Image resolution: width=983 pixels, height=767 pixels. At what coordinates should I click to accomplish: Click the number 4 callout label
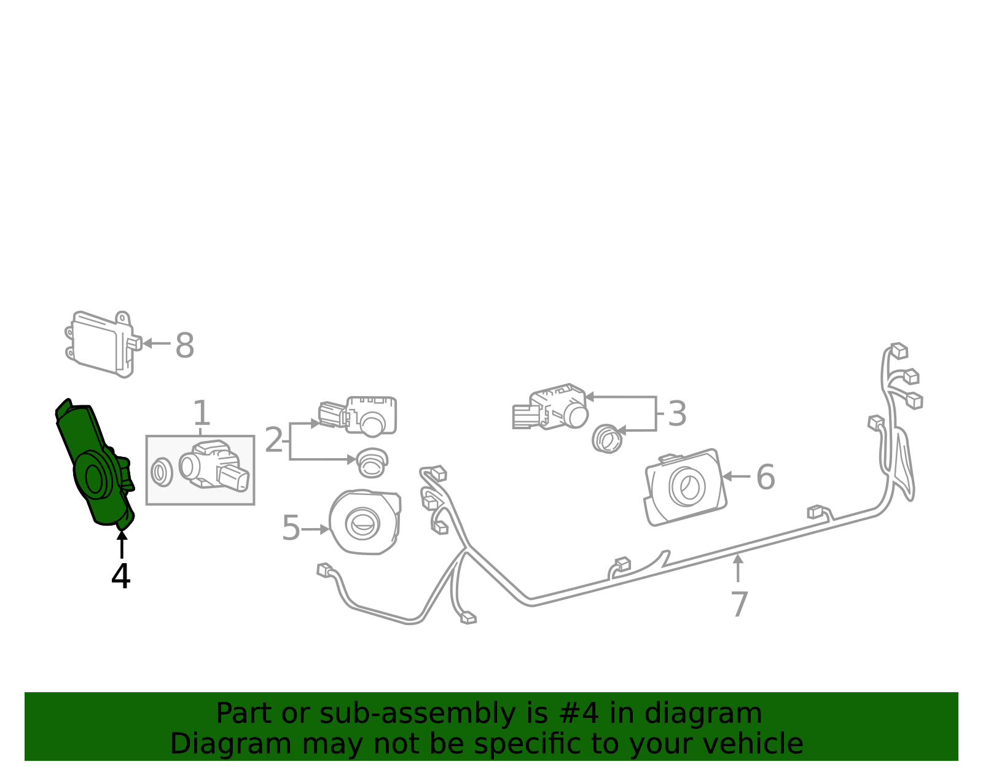pos(121,577)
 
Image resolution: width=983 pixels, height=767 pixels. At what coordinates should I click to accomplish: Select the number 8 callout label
pos(184,346)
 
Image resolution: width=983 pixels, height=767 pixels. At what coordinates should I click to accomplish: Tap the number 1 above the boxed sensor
pos(202,413)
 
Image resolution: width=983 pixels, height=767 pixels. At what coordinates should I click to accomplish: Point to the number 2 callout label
pos(273,440)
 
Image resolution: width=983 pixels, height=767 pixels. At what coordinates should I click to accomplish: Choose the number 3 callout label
pos(677,413)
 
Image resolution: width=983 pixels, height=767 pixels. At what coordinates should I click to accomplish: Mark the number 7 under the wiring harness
pos(739,604)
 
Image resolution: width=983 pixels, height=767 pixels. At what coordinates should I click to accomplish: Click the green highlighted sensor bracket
pos(95,465)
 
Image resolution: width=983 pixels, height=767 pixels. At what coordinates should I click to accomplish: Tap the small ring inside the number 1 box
pos(161,473)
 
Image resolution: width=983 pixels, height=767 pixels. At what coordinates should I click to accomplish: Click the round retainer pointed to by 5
pos(364,523)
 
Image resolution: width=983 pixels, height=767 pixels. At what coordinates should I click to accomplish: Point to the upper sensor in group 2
pos(358,416)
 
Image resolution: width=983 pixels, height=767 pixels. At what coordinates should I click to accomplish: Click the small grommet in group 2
pos(372,463)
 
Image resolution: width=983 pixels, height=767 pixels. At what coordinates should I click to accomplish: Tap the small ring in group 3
pos(607,438)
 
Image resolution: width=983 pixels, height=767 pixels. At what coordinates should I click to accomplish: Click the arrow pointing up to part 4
pos(122,545)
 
